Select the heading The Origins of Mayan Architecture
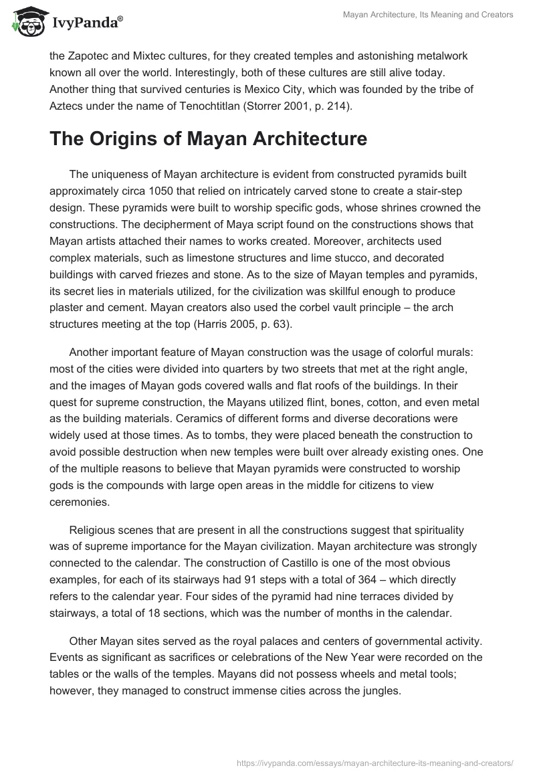(208, 138)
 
